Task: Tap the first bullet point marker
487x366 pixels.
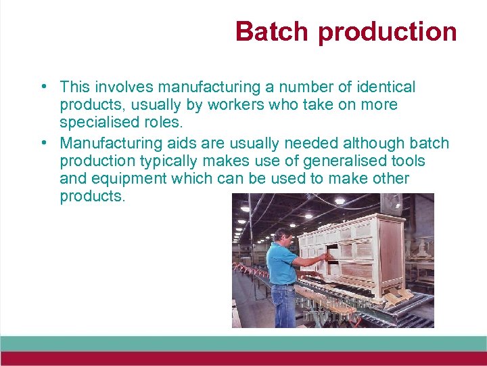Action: (43, 87)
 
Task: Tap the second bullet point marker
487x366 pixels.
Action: (43, 143)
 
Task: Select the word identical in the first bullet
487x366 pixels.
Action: (382, 87)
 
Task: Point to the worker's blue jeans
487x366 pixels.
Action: (285, 305)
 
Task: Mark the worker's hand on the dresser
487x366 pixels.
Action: (327, 258)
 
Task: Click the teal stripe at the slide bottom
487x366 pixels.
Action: (243, 344)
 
